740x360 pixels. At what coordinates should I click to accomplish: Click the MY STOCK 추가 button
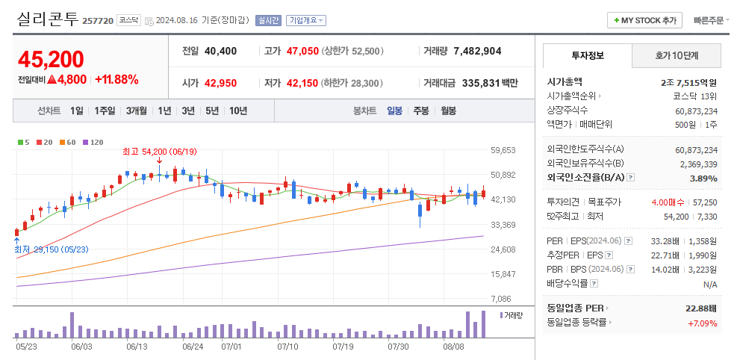[x=645, y=20]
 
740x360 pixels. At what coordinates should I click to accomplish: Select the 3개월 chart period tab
[x=137, y=111]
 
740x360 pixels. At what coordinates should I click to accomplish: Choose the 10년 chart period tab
[x=238, y=111]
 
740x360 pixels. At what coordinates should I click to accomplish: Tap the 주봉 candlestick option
[x=421, y=111]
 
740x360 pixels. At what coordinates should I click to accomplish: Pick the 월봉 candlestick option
[x=448, y=111]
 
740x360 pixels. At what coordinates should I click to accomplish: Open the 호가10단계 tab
[x=677, y=55]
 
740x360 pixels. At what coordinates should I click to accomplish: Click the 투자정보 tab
[x=588, y=55]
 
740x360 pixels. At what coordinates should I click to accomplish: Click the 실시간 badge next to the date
[x=268, y=20]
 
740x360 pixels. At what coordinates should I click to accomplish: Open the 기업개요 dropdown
[x=306, y=20]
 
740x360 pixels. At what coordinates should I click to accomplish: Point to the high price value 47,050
[x=302, y=52]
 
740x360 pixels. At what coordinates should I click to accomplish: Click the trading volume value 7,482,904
[x=477, y=52]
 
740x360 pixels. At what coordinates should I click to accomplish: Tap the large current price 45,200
[x=51, y=59]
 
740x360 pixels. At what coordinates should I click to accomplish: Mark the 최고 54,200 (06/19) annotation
[x=159, y=152]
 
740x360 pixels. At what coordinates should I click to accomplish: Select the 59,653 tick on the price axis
[x=504, y=150]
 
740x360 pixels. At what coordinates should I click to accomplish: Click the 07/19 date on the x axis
[x=343, y=347]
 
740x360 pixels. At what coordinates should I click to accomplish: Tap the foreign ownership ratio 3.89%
[x=703, y=179]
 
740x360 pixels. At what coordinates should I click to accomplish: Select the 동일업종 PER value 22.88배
[x=701, y=308]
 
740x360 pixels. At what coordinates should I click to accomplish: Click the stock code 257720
[x=98, y=21]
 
